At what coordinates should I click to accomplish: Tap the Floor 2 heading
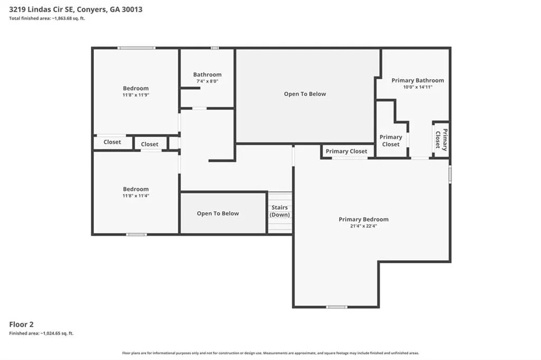pyautogui.click(x=21, y=324)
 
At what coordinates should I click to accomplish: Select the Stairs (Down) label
pyautogui.click(x=279, y=211)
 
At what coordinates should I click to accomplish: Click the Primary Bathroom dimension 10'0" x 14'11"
pyautogui.click(x=417, y=87)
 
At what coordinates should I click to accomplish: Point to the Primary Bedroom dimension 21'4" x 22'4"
pyautogui.click(x=363, y=226)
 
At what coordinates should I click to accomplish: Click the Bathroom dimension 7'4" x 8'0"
pyautogui.click(x=207, y=81)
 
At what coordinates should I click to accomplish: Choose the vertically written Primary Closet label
pyautogui.click(x=441, y=140)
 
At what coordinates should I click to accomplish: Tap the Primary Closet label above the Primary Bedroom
pyautogui.click(x=347, y=151)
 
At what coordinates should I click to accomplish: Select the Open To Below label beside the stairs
pyautogui.click(x=218, y=213)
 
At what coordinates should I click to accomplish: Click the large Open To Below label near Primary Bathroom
pyautogui.click(x=305, y=94)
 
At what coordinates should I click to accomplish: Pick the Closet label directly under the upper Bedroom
pyautogui.click(x=112, y=141)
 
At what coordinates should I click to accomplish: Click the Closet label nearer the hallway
pyautogui.click(x=150, y=144)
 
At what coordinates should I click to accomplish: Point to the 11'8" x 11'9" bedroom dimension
pyautogui.click(x=136, y=95)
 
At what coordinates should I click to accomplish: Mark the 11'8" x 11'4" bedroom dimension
pyautogui.click(x=136, y=195)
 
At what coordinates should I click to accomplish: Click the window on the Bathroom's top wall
pyautogui.click(x=214, y=48)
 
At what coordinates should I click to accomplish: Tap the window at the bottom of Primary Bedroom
pyautogui.click(x=337, y=307)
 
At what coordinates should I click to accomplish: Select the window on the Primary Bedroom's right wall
pyautogui.click(x=450, y=174)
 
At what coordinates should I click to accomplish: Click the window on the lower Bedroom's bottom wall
pyautogui.click(x=136, y=234)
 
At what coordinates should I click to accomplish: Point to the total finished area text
pyautogui.click(x=47, y=18)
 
